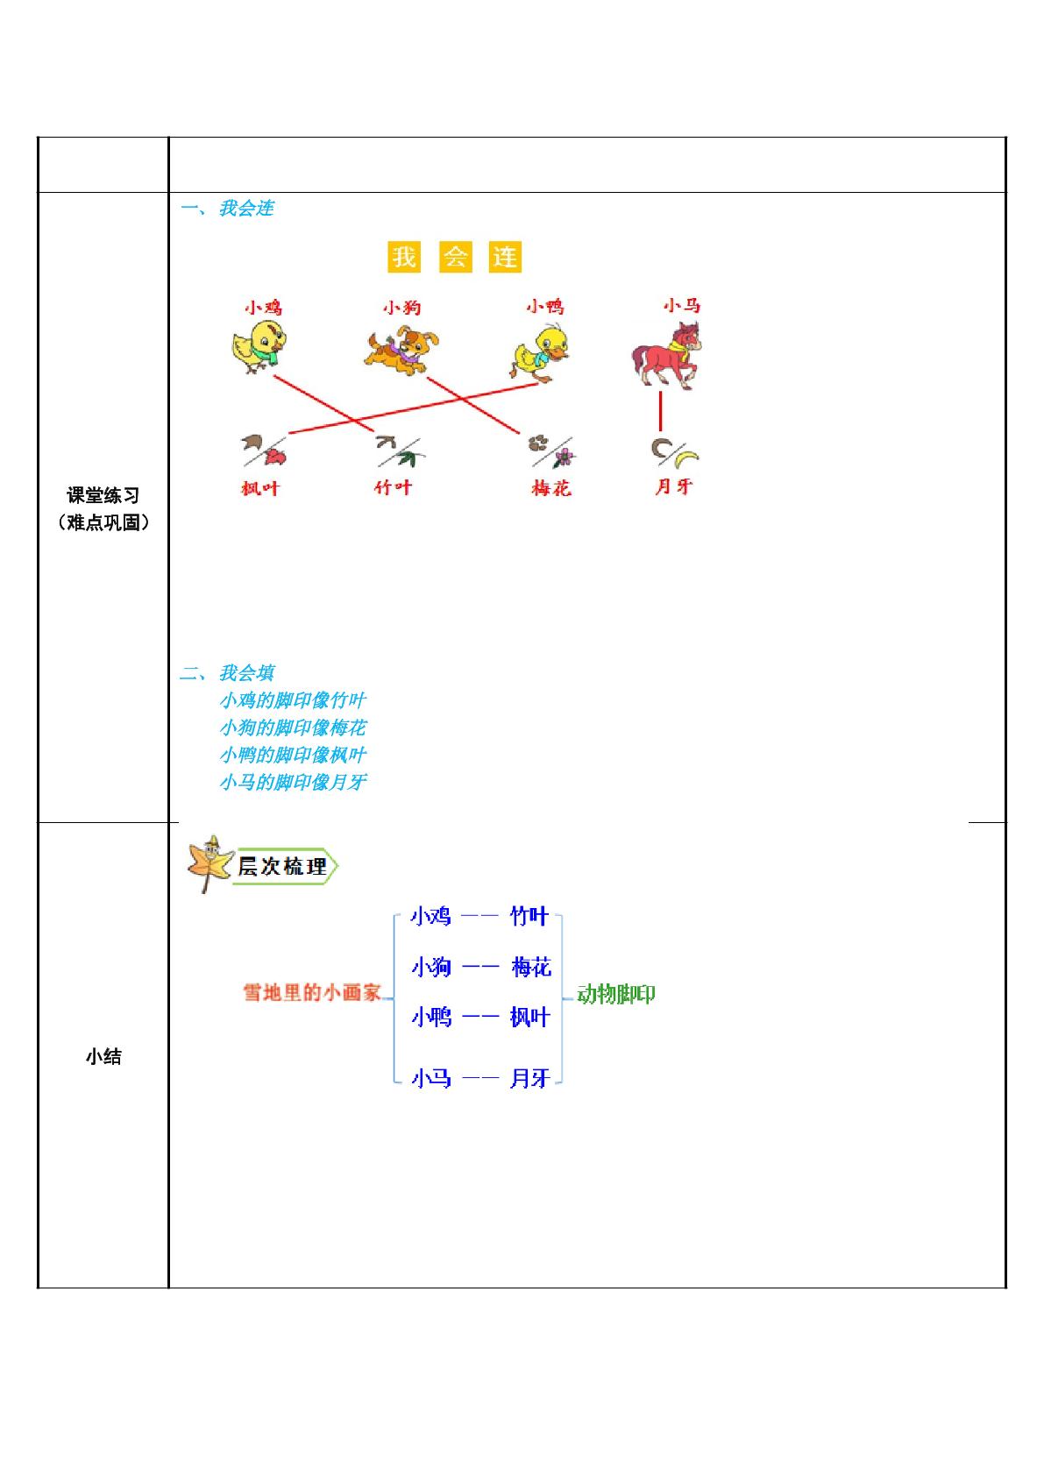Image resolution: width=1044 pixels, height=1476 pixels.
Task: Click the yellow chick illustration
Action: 259,347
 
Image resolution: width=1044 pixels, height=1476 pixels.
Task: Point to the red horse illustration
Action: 666,355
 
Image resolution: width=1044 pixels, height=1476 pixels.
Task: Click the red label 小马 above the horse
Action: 681,306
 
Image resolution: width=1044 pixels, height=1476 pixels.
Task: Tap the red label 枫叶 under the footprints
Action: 259,488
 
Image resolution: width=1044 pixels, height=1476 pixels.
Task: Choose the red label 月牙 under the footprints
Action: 673,486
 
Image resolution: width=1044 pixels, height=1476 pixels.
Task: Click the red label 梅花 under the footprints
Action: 551,488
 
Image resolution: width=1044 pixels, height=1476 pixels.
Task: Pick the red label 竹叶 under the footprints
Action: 393,487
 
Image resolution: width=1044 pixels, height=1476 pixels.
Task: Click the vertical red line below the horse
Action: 660,410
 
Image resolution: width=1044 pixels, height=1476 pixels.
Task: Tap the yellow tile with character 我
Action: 404,256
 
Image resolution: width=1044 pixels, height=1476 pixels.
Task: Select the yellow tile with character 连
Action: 505,256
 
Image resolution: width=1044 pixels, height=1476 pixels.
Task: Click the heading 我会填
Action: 246,673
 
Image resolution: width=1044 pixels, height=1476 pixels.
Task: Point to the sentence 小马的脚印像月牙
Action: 293,782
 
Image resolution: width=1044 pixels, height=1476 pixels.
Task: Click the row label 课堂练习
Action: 103,495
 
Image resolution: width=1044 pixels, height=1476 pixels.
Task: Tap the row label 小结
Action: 103,1057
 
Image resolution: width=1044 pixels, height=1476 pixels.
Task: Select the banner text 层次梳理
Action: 282,866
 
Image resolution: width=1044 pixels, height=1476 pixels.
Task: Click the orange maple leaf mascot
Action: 210,864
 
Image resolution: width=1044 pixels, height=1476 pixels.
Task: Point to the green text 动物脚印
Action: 615,994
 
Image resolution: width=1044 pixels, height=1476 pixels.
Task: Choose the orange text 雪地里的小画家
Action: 312,992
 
